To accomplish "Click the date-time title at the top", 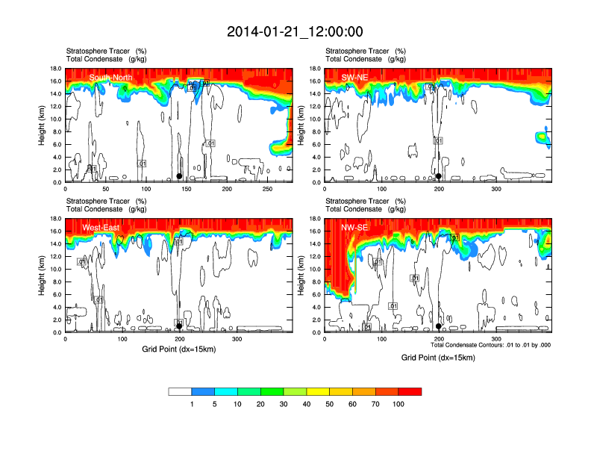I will pos(295,31).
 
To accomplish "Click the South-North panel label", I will pos(110,78).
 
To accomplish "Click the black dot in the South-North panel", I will pos(179,176).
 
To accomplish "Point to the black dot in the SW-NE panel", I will pos(439,177).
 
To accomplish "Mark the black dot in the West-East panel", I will pos(179,326).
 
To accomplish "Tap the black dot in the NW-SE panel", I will pos(439,326).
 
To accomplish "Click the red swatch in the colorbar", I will pos(410,391).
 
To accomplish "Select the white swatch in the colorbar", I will pos(180,391).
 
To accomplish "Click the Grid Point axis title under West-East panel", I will pos(178,349).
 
